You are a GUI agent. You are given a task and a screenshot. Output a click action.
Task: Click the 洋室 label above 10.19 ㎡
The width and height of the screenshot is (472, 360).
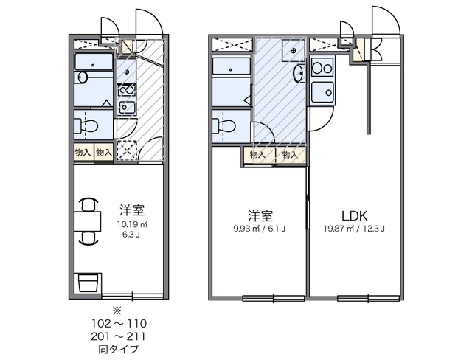pyautogui.click(x=133, y=209)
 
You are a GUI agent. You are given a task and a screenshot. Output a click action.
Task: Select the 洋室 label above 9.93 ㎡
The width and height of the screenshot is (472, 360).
pyautogui.click(x=260, y=215)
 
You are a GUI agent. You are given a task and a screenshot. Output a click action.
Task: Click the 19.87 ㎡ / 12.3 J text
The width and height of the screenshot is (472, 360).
pyautogui.click(x=354, y=229)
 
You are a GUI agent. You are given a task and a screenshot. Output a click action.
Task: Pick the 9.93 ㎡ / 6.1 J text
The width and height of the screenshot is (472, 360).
pyautogui.click(x=259, y=229)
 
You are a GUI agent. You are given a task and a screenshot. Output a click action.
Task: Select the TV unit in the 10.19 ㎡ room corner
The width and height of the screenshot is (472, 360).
pyautogui.click(x=88, y=283)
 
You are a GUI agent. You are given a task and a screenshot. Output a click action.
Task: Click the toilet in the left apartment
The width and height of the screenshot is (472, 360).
pyautogui.click(x=87, y=124)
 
